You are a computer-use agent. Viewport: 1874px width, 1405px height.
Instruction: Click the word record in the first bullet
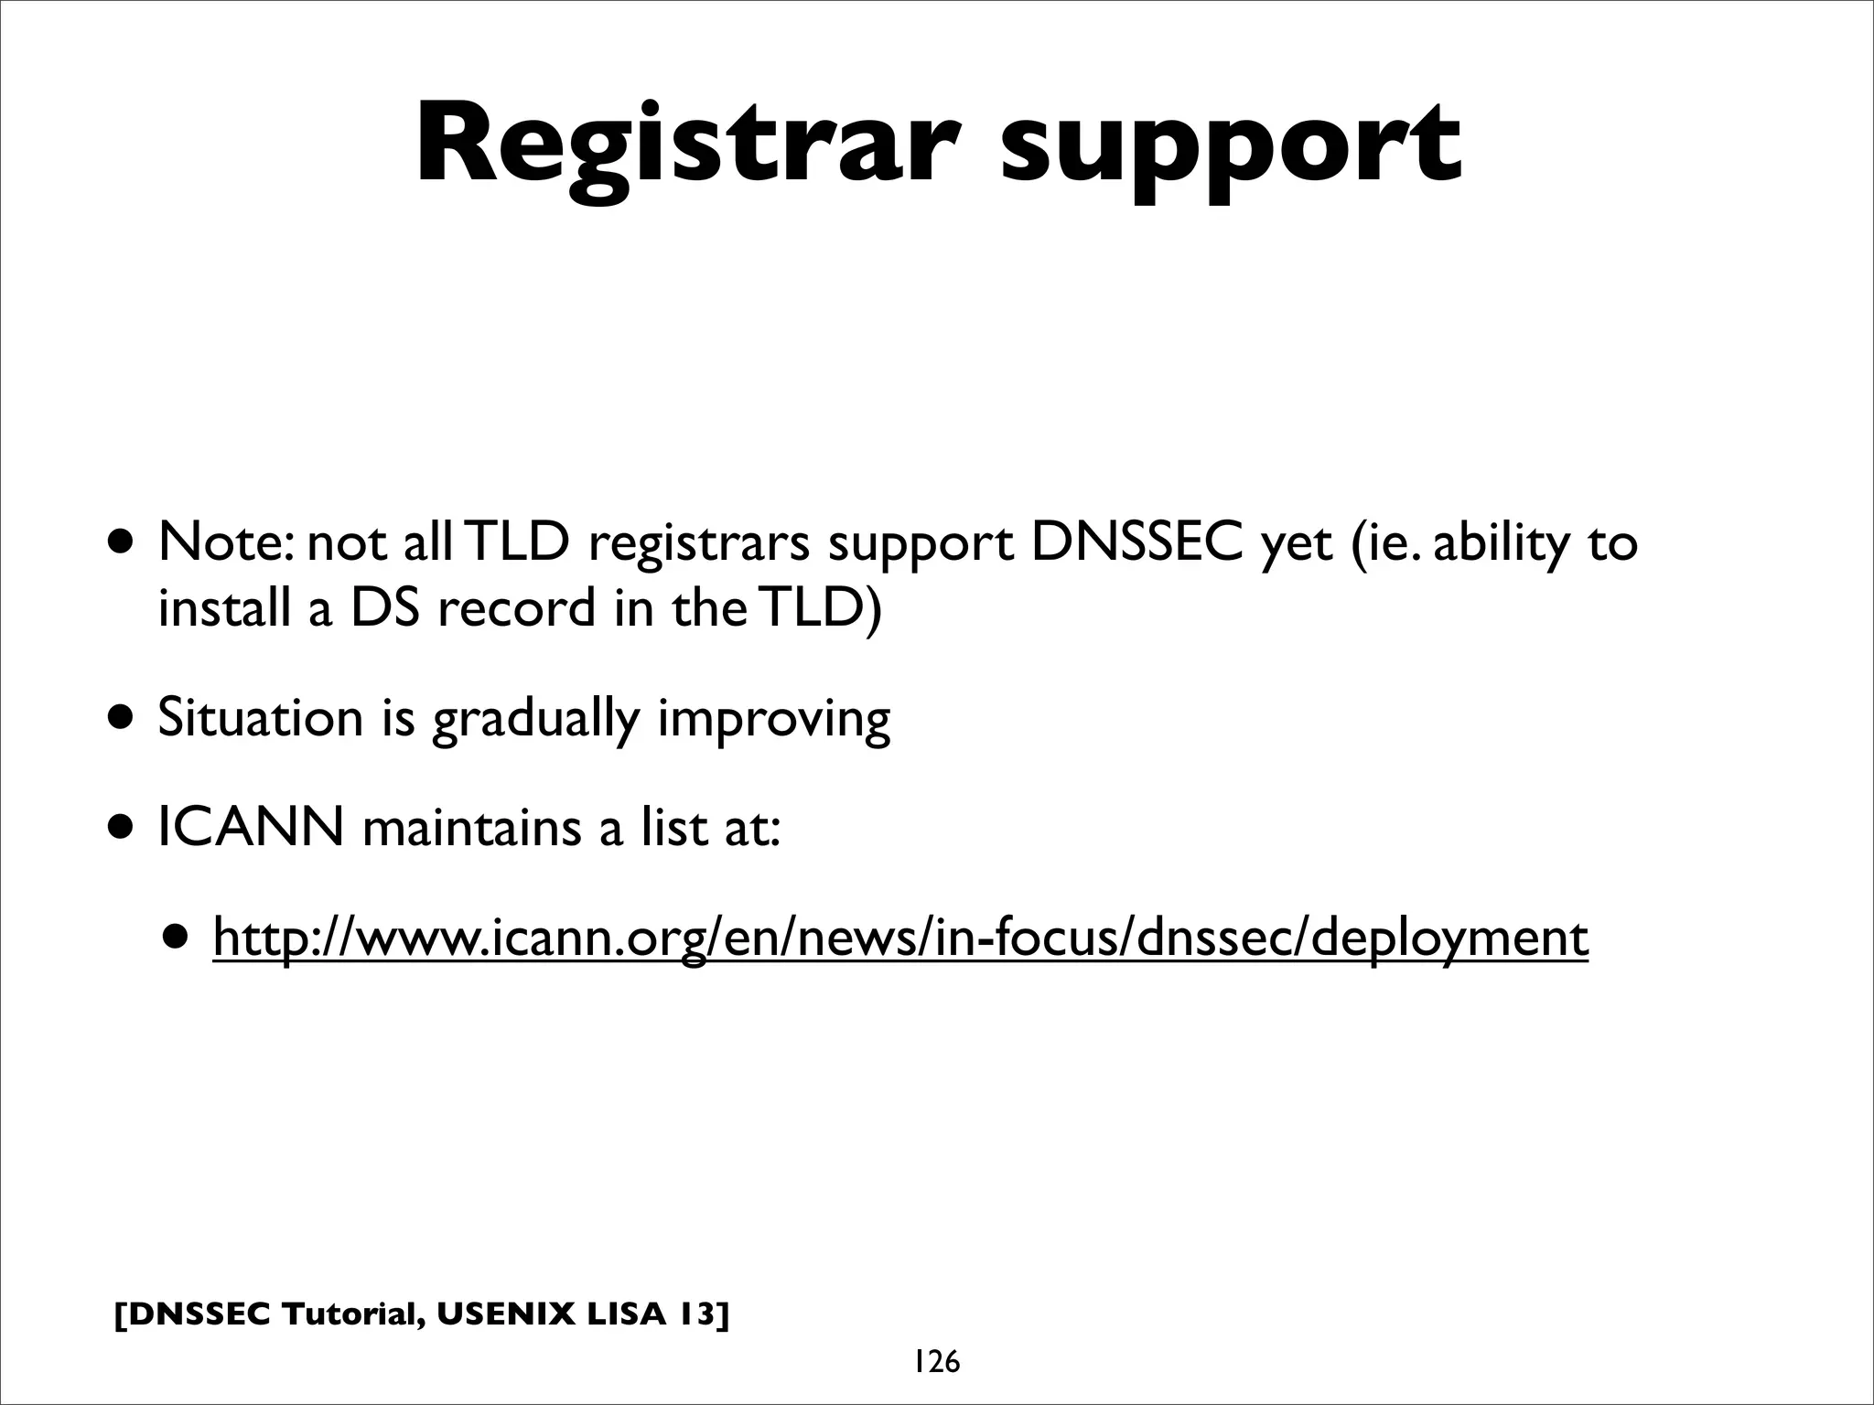516,608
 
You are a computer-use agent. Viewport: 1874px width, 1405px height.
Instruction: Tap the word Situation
261,718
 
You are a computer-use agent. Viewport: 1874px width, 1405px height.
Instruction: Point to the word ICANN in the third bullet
251,828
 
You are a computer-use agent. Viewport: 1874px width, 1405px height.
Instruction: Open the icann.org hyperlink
900,938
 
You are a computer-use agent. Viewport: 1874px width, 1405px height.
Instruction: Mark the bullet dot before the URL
177,937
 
